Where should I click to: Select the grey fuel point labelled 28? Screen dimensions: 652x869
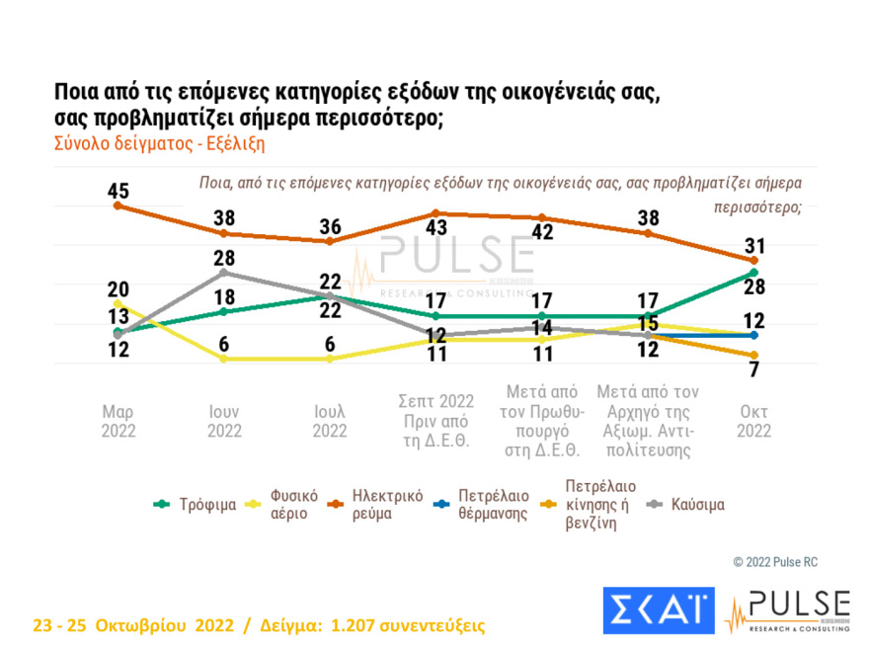[x=224, y=272]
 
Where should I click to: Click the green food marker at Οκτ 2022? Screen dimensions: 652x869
[x=754, y=273]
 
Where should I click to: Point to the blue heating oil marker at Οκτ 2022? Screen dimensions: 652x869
[x=754, y=336]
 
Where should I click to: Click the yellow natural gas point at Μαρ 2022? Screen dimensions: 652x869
[x=118, y=304]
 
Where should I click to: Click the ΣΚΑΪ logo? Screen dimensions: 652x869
[x=658, y=611]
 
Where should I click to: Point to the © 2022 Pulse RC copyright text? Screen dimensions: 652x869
[x=775, y=562]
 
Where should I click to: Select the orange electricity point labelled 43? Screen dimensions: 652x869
[x=435, y=213]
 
